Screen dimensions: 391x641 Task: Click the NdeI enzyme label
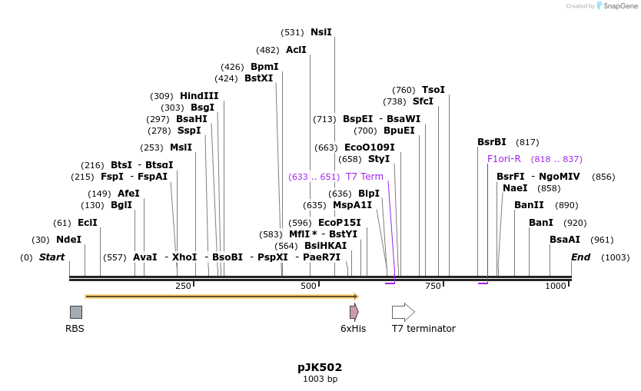[x=69, y=240]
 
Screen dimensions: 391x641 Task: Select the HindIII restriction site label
[x=199, y=96]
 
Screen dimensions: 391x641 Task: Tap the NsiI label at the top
[x=320, y=32]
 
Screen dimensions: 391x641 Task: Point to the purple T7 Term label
[x=364, y=177]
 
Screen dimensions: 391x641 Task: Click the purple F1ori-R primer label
[x=504, y=159]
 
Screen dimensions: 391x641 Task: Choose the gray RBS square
[x=76, y=312]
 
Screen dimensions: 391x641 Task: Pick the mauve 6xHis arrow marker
[x=354, y=312]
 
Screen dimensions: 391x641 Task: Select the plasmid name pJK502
[x=320, y=367]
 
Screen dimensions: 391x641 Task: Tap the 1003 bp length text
[x=320, y=379]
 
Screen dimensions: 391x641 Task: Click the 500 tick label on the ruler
[x=308, y=287]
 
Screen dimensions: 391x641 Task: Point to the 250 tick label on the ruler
[x=183, y=287]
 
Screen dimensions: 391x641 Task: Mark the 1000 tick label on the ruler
[x=555, y=287]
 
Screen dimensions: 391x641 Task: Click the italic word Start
[x=51, y=257]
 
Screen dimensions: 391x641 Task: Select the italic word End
[x=580, y=257]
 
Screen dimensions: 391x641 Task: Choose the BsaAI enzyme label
[x=565, y=240]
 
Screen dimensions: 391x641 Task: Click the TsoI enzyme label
[x=433, y=90]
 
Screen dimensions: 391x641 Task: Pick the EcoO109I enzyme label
[x=369, y=147]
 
